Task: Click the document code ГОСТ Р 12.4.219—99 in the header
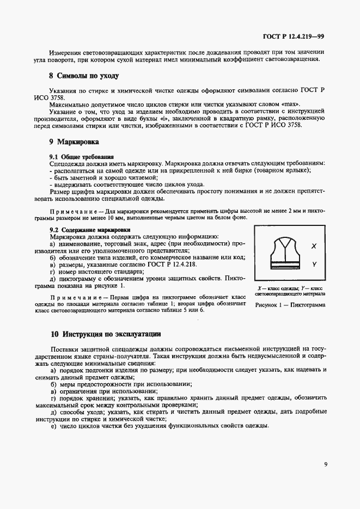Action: (294, 37)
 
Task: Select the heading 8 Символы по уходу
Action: (84, 76)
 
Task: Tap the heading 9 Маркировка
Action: (74, 142)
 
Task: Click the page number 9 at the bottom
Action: (325, 465)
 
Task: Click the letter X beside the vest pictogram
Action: (314, 246)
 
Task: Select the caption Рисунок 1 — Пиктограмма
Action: (290, 305)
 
